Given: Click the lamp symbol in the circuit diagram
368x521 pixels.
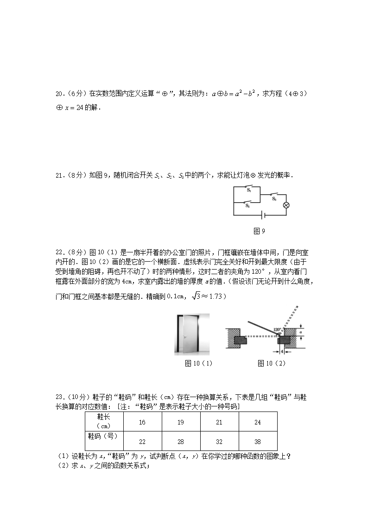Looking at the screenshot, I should tap(286, 205).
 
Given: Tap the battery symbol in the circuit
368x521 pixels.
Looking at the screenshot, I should tap(263, 215).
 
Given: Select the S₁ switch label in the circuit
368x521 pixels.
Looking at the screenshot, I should tap(249, 190).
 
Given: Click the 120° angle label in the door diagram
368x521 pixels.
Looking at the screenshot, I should tap(277, 330).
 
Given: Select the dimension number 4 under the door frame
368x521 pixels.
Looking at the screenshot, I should tap(282, 351).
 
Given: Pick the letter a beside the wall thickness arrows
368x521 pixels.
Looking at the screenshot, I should tap(300, 332).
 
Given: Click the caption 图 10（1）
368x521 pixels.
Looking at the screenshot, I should tap(198, 363).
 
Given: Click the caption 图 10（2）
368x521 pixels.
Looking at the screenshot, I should tap(272, 363).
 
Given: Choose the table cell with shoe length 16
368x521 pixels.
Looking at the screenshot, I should tap(142, 422).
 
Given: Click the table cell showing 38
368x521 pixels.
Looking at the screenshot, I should tap(258, 441).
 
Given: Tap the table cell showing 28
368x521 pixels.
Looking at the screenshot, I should tap(181, 441).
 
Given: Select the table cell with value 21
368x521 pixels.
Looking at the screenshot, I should tap(219, 422).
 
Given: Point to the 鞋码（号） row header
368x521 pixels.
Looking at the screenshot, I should tap(103, 436).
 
